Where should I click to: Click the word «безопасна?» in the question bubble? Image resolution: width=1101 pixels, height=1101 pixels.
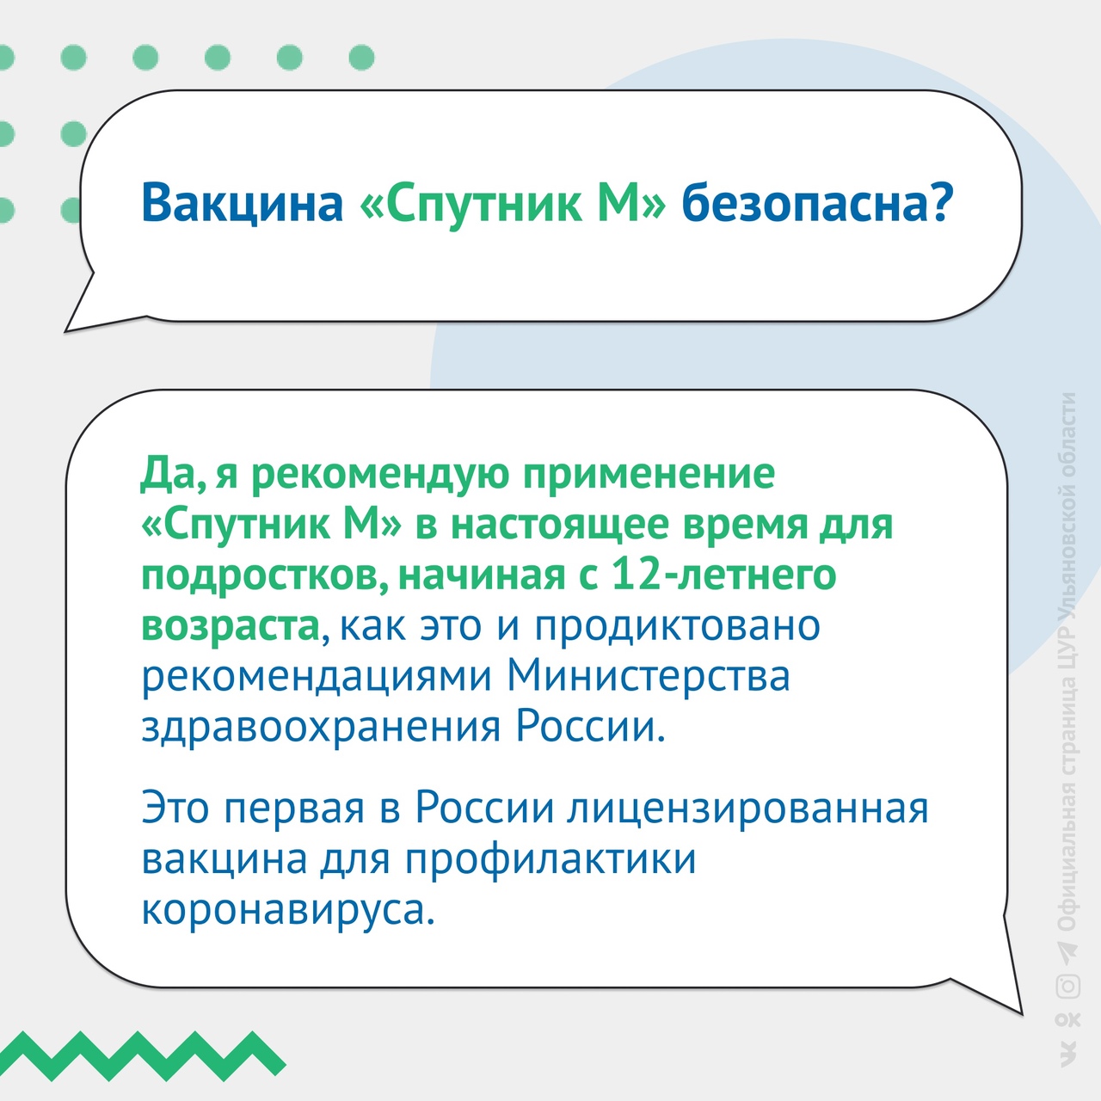click(818, 204)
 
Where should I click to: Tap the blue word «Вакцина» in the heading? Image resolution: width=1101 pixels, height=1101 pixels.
click(243, 205)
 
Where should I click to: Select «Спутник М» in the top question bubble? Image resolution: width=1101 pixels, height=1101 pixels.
click(513, 205)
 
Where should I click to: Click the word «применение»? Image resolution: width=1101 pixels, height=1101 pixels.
click(649, 474)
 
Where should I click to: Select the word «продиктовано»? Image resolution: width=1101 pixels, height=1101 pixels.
click(677, 626)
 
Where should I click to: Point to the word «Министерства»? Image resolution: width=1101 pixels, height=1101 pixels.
click(649, 676)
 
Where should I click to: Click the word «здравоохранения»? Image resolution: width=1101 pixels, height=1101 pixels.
click(321, 728)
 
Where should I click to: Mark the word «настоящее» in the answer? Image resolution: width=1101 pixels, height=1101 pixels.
click(560, 525)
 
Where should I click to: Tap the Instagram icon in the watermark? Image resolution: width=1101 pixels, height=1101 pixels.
click(1067, 986)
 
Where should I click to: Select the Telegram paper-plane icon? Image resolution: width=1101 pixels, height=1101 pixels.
click(1067, 950)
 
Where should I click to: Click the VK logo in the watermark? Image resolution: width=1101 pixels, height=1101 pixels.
click(1067, 1054)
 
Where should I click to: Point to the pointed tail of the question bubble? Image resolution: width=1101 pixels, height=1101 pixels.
click(66, 330)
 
